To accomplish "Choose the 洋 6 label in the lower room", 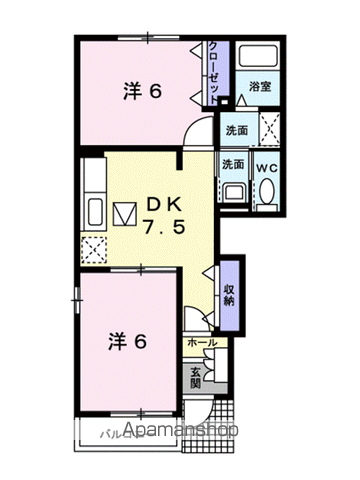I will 128,341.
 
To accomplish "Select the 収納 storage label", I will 228,288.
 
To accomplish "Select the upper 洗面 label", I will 236,131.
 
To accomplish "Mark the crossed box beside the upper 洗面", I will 267,128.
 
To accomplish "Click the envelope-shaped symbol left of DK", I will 124,214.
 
